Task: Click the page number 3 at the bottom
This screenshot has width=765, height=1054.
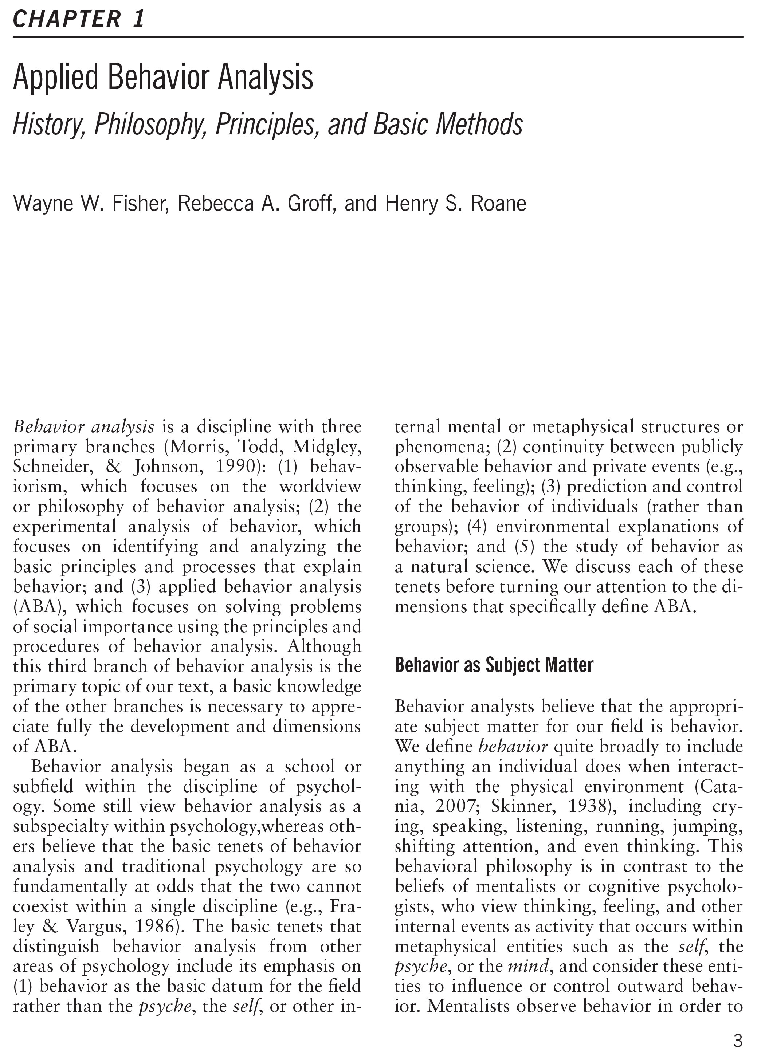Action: (x=738, y=1039)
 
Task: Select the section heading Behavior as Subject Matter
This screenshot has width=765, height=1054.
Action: (x=494, y=665)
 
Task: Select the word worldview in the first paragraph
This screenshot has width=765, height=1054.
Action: (x=320, y=487)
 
